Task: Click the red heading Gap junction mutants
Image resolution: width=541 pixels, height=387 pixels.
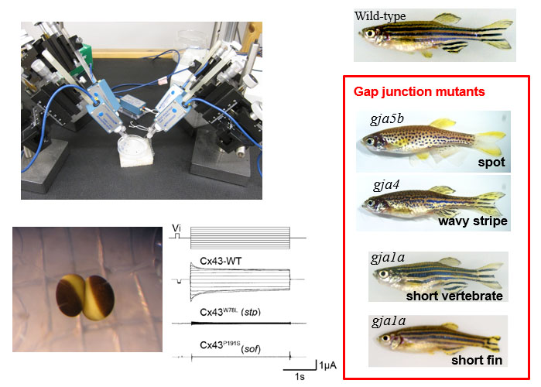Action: point(419,91)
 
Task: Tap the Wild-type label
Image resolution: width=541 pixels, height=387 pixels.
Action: point(380,16)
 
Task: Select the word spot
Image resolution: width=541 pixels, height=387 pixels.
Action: point(491,163)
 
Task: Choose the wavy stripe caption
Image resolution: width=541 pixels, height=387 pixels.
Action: point(473,221)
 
